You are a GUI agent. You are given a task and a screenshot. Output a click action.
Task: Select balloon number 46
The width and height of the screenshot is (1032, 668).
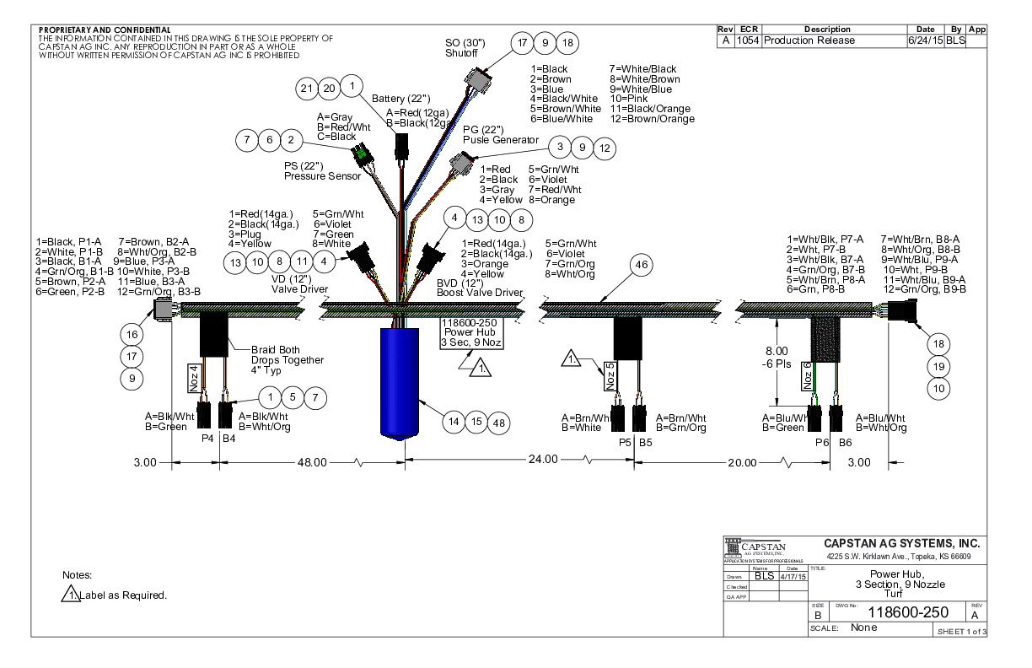pos(642,265)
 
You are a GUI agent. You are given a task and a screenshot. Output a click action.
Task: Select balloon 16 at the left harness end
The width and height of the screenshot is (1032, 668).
pos(132,335)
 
